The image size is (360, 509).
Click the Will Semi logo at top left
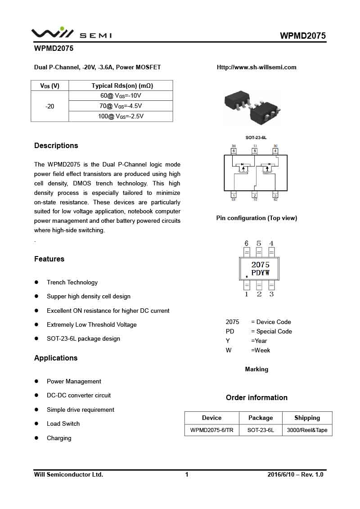point(71,34)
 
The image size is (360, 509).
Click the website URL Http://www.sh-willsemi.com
point(256,68)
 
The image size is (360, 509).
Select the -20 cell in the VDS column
point(50,106)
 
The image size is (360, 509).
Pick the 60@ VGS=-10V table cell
point(121,96)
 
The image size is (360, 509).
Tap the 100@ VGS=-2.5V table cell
point(121,116)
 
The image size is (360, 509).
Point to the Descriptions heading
point(56,146)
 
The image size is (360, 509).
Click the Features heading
point(49,259)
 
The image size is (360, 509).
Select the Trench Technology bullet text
point(72,283)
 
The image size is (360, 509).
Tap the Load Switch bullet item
point(63,424)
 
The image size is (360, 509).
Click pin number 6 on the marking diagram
point(247,243)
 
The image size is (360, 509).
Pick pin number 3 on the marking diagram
point(271,294)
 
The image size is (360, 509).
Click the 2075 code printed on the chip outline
point(260,265)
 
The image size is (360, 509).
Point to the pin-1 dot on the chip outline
point(247,276)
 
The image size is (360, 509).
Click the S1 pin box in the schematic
point(255,151)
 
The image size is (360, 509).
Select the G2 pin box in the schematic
point(275,195)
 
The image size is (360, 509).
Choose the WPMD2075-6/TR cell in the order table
point(211,430)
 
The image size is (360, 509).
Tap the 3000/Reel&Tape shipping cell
point(307,430)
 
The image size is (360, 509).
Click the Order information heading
point(256,398)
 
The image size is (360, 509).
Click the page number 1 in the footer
point(187,474)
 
